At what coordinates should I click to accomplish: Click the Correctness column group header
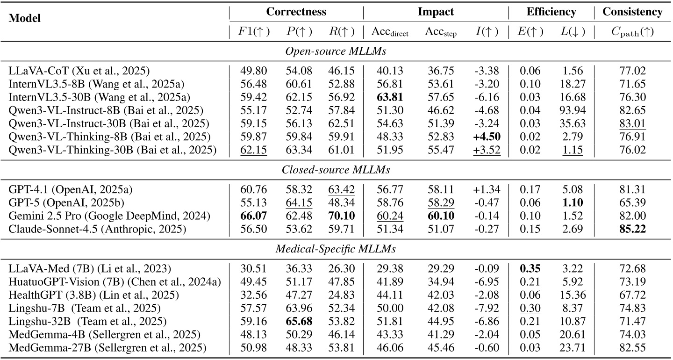[x=296, y=12]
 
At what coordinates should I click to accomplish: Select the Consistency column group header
[x=632, y=12]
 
